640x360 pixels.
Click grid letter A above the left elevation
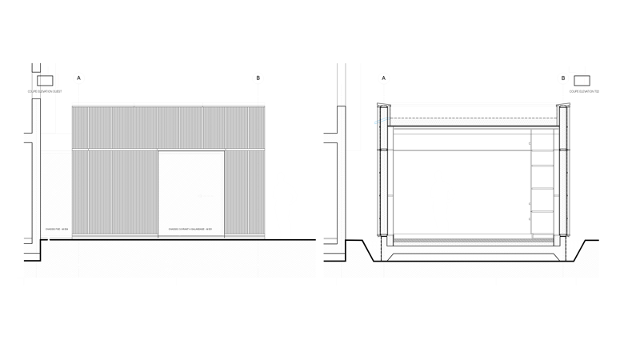[x=78, y=78]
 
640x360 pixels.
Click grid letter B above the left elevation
[x=258, y=78]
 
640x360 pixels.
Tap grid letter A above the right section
[x=385, y=78]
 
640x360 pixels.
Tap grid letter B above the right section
[x=564, y=78]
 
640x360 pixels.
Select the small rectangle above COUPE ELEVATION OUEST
[x=45, y=79]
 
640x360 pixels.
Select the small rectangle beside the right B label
[x=582, y=79]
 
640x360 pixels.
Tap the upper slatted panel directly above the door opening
[x=190, y=128]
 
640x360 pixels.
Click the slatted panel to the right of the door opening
[x=244, y=192]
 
